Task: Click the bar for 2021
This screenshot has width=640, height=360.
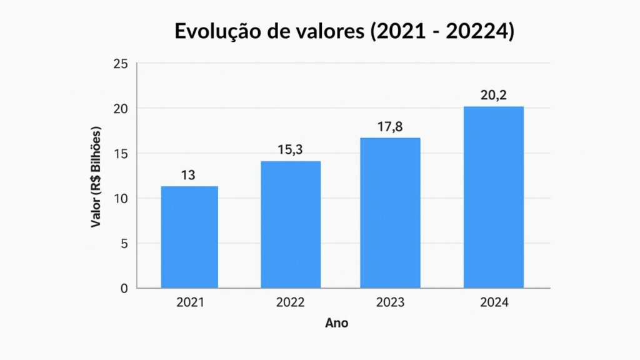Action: (x=189, y=237)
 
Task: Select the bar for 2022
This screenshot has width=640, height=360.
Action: (x=291, y=224)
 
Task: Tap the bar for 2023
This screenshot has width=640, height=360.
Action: (x=391, y=212)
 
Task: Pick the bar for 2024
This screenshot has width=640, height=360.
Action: (x=493, y=197)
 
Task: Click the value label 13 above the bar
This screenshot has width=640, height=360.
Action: (x=188, y=176)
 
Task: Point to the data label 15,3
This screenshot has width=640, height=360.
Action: (x=290, y=151)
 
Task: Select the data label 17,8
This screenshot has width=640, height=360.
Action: (x=390, y=127)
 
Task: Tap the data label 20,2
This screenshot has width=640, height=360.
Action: (x=493, y=96)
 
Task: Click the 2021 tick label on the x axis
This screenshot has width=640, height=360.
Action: (x=190, y=303)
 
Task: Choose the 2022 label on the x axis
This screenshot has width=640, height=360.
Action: (x=290, y=303)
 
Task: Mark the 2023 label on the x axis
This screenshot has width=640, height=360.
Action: (x=391, y=303)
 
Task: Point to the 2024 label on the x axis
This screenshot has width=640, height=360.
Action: (x=494, y=303)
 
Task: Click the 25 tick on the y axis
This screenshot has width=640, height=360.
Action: (x=121, y=64)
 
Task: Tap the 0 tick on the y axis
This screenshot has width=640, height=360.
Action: (x=124, y=289)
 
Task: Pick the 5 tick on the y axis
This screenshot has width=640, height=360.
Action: (x=124, y=244)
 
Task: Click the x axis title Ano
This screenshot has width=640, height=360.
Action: (x=337, y=324)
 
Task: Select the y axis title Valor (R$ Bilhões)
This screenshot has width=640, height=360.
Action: (x=96, y=177)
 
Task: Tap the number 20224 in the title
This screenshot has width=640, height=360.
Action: (x=479, y=31)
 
